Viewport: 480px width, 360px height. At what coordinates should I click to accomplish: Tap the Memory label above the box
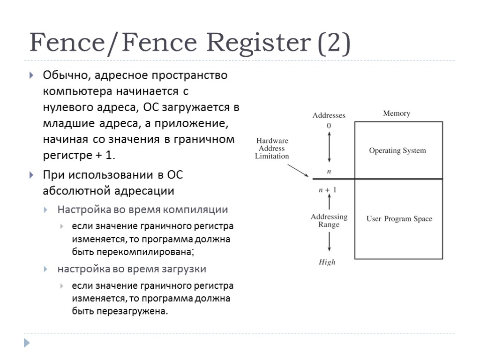tap(397, 113)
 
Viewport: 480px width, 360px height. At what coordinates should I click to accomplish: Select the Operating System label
tap(397, 150)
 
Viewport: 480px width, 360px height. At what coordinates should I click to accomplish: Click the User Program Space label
tap(399, 219)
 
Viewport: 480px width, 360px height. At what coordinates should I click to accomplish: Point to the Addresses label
tap(329, 115)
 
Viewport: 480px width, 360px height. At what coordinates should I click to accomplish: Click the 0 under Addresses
tap(329, 126)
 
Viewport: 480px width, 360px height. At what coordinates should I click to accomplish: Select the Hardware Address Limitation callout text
tap(272, 149)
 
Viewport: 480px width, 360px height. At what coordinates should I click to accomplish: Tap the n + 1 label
tap(328, 190)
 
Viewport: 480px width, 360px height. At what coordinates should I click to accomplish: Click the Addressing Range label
tap(329, 221)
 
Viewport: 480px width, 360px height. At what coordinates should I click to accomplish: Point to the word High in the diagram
tap(327, 262)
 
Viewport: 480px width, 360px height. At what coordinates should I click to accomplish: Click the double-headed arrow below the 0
tap(329, 147)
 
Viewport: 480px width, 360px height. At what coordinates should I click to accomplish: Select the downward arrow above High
tap(330, 242)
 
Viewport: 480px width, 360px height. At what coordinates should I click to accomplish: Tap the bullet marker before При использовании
tap(31, 176)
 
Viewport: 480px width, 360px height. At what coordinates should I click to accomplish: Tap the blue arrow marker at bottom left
tap(27, 343)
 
